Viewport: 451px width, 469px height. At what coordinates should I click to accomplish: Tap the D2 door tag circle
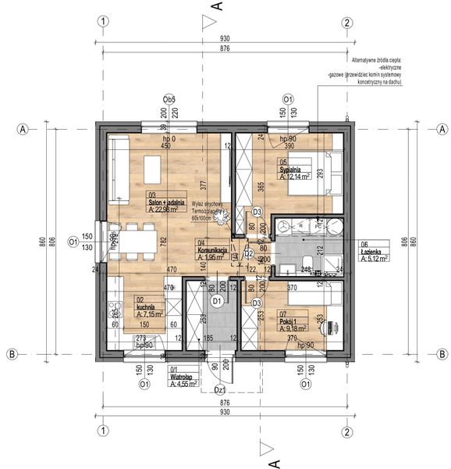[248, 252]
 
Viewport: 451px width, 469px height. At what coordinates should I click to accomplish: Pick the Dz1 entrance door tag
[220, 388]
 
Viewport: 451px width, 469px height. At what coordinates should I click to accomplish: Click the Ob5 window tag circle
[169, 99]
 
